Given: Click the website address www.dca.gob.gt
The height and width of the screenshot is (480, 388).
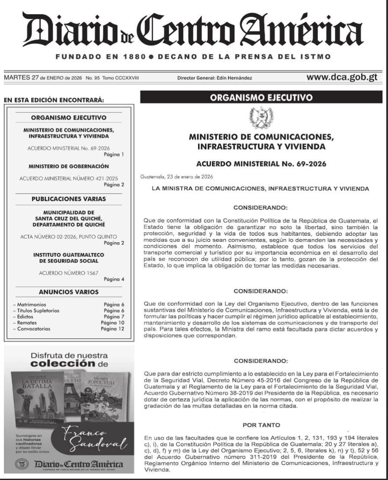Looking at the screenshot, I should click(x=342, y=77).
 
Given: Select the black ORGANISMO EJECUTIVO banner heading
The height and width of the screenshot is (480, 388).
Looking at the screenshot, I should click(x=261, y=98).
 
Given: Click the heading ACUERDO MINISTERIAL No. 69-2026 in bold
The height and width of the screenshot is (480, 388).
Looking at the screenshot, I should click(x=261, y=164).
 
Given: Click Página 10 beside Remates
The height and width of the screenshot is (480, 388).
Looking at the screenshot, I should click(x=112, y=323).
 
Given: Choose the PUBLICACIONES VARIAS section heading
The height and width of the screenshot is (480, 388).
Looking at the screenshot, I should click(x=68, y=199).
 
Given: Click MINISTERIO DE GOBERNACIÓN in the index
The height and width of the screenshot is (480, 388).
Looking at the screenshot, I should click(x=68, y=166).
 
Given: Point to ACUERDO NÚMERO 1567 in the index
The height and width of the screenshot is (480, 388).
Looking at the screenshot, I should click(x=63, y=273).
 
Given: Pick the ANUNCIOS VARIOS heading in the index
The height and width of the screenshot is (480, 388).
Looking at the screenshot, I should click(x=68, y=292).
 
